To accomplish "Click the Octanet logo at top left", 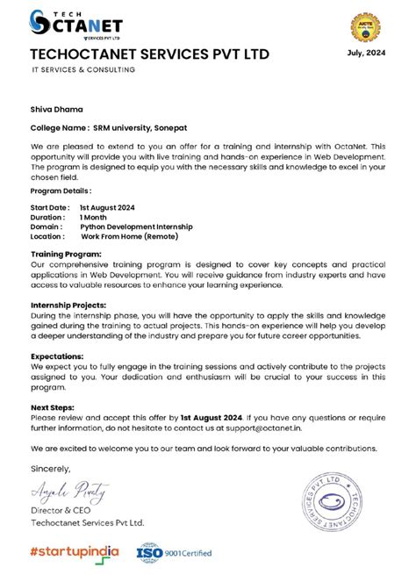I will pyautogui.click(x=75, y=24).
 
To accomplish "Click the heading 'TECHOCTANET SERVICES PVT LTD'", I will pyautogui.click(x=149, y=54).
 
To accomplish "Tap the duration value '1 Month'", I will pyautogui.click(x=95, y=216).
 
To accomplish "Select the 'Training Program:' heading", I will pyautogui.click(x=65, y=253).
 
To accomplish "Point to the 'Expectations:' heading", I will pyautogui.click(x=57, y=356).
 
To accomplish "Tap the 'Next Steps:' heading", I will pyautogui.click(x=52, y=407).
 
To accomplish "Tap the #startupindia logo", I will pyautogui.click(x=75, y=552).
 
